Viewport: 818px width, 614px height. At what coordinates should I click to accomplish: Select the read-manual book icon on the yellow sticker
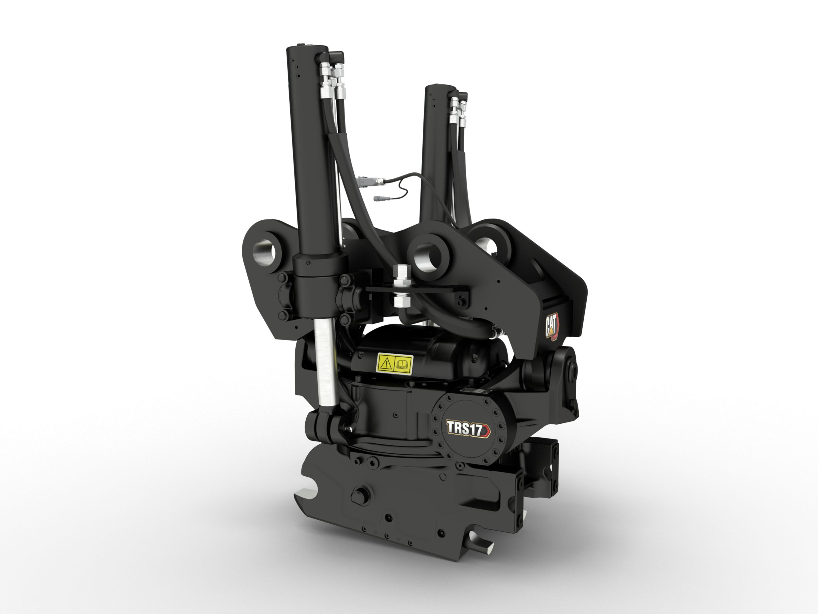(x=403, y=363)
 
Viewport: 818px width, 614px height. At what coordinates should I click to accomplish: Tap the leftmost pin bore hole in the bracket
(x=265, y=250)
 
